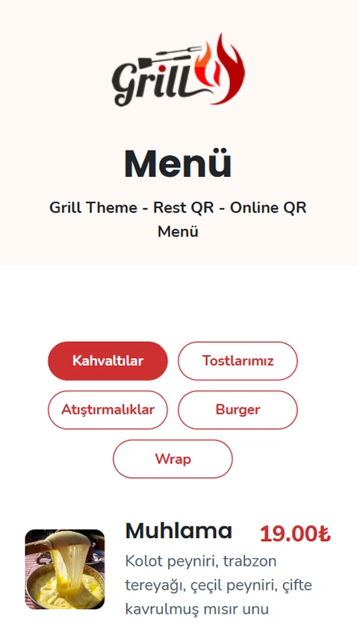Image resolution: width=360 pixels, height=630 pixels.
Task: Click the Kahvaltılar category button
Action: (x=108, y=361)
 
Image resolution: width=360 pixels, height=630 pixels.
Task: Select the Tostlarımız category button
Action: (x=238, y=361)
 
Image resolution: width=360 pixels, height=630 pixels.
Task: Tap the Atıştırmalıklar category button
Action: (x=108, y=410)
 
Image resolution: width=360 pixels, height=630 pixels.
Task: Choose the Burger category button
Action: (x=238, y=410)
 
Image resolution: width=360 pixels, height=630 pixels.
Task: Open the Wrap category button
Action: (x=173, y=458)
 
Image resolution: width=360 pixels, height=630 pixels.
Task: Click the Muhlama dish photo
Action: (x=65, y=570)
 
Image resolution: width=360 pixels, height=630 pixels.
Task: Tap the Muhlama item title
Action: (x=179, y=531)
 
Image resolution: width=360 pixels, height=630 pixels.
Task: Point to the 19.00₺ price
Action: (x=295, y=534)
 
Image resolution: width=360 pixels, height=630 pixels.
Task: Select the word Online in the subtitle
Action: (x=255, y=208)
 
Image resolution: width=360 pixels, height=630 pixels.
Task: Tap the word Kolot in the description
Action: (x=145, y=561)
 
